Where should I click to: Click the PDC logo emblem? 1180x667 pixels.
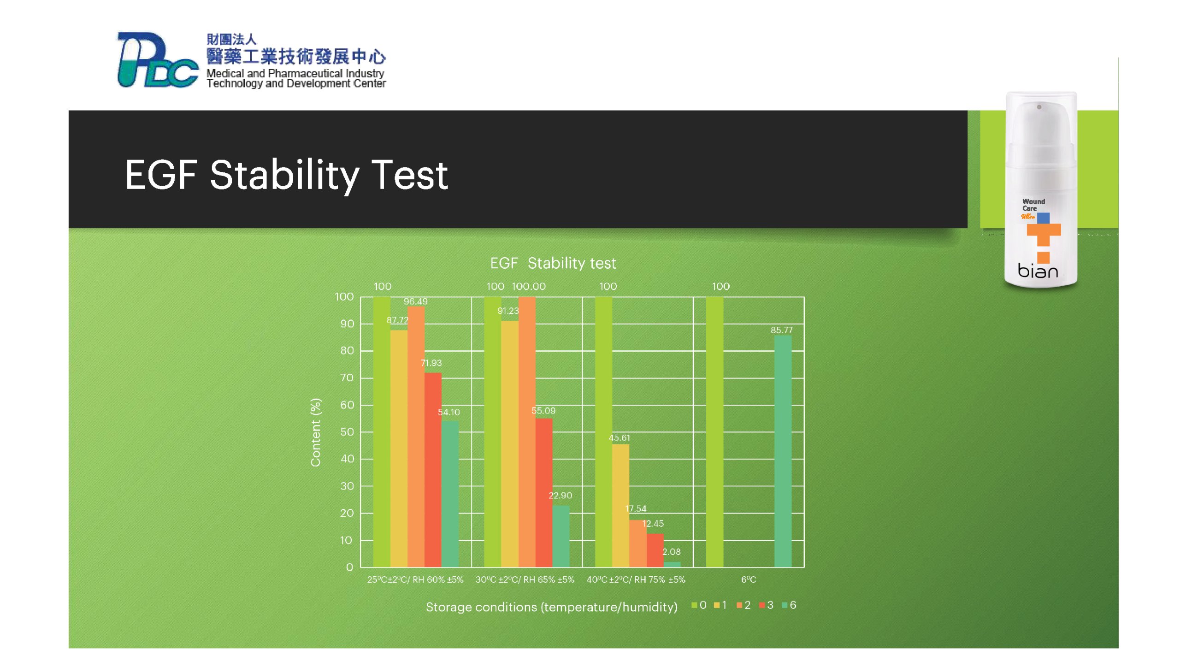click(x=157, y=59)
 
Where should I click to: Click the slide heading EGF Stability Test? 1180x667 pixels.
click(x=286, y=175)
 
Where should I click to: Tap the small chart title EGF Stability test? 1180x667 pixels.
click(x=553, y=263)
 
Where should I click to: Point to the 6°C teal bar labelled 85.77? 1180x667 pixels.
click(x=783, y=451)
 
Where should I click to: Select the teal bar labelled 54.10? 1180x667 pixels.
click(x=449, y=494)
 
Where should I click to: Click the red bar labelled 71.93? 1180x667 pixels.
click(x=433, y=470)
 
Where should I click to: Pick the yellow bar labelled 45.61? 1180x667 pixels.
click(x=620, y=505)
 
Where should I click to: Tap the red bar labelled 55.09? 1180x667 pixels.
click(x=544, y=492)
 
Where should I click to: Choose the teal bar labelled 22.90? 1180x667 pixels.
click(x=561, y=536)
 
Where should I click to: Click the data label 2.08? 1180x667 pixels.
click(x=671, y=552)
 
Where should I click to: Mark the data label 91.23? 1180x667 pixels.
click(x=508, y=311)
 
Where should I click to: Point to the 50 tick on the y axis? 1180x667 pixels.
click(x=347, y=432)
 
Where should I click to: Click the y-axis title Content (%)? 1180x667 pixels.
click(x=316, y=432)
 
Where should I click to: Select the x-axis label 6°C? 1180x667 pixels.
click(x=749, y=579)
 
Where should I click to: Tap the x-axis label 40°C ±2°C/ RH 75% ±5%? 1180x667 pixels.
click(x=636, y=579)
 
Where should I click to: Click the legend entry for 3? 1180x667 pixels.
click(x=766, y=605)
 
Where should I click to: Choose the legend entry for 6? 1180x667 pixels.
click(x=789, y=605)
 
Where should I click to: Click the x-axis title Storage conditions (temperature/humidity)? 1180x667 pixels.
click(x=551, y=607)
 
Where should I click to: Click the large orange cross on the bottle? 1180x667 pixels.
click(x=1044, y=235)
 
